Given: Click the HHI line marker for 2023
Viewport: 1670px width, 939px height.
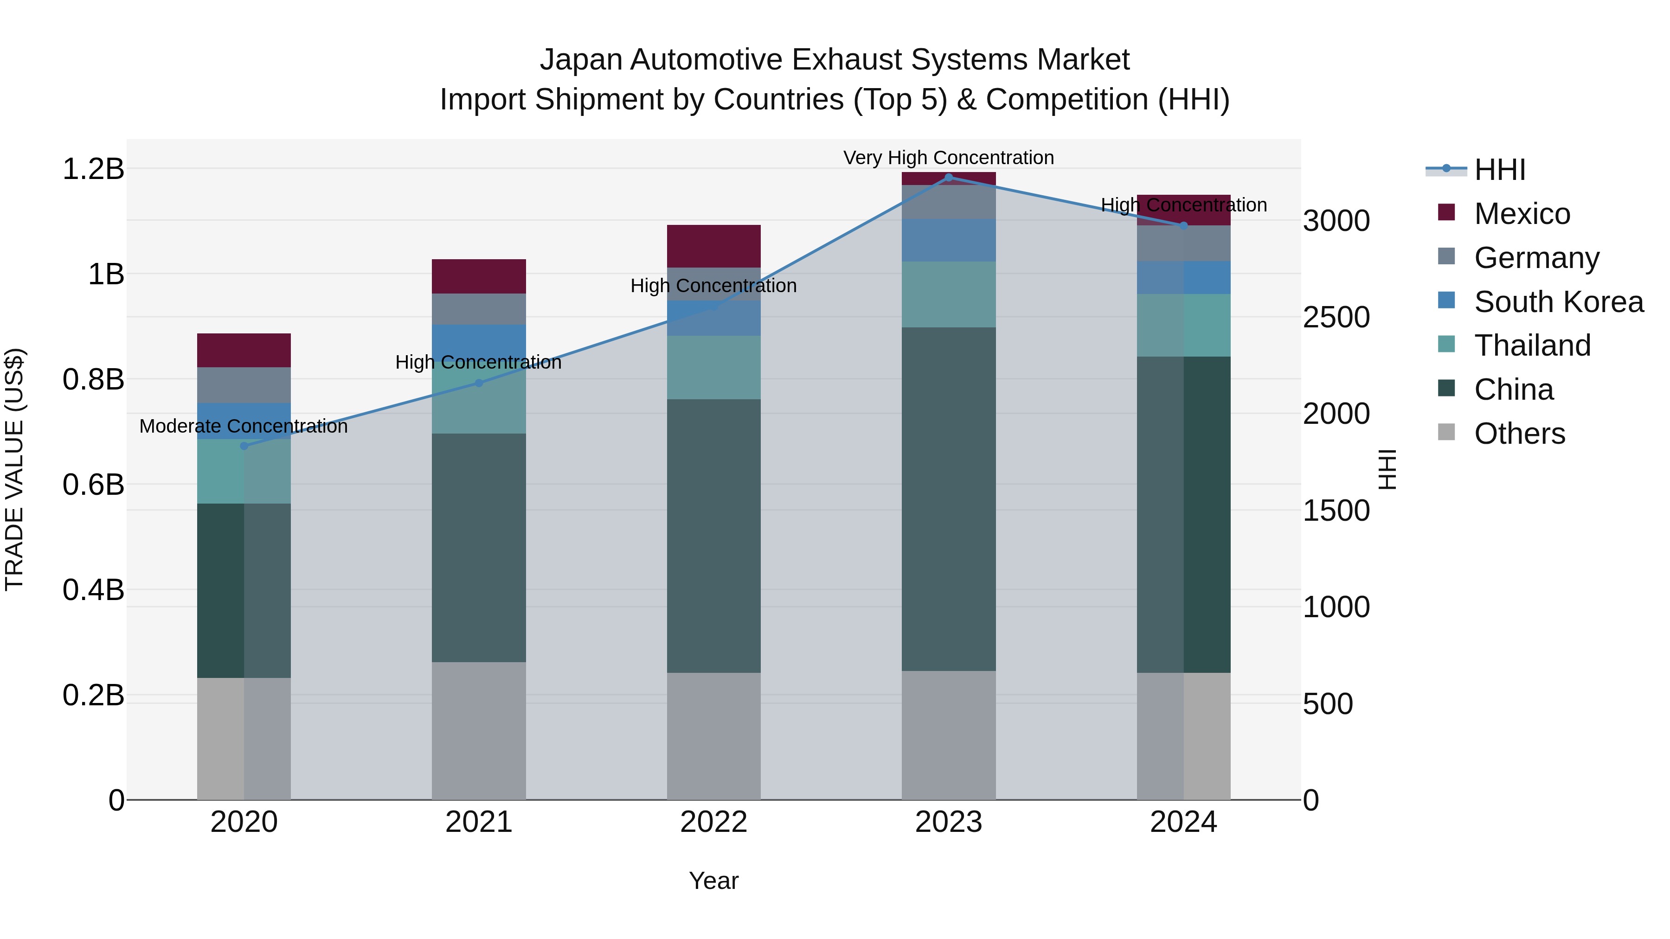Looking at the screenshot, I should click(x=949, y=178).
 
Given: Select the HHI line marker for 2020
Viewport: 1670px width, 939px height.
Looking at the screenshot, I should click(x=244, y=446).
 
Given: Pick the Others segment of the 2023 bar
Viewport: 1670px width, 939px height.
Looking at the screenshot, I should click(x=949, y=735).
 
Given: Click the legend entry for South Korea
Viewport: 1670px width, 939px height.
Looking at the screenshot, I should click(x=1559, y=302).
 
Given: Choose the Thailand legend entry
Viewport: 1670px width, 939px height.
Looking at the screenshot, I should click(x=1532, y=345).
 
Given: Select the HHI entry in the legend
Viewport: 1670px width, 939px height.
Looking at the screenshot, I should click(x=1499, y=170).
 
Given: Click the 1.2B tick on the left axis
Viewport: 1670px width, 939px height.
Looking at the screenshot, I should click(x=93, y=169).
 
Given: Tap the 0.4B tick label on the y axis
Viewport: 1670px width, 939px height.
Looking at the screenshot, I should click(x=93, y=590).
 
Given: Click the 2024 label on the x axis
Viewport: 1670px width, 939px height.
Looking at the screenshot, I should click(x=1183, y=822).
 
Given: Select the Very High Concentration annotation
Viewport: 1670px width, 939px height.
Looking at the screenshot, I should click(x=949, y=158).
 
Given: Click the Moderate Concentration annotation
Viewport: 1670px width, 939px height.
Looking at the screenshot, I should click(x=244, y=427).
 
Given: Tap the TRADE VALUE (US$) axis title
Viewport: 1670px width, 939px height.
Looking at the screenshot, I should click(x=14, y=469).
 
